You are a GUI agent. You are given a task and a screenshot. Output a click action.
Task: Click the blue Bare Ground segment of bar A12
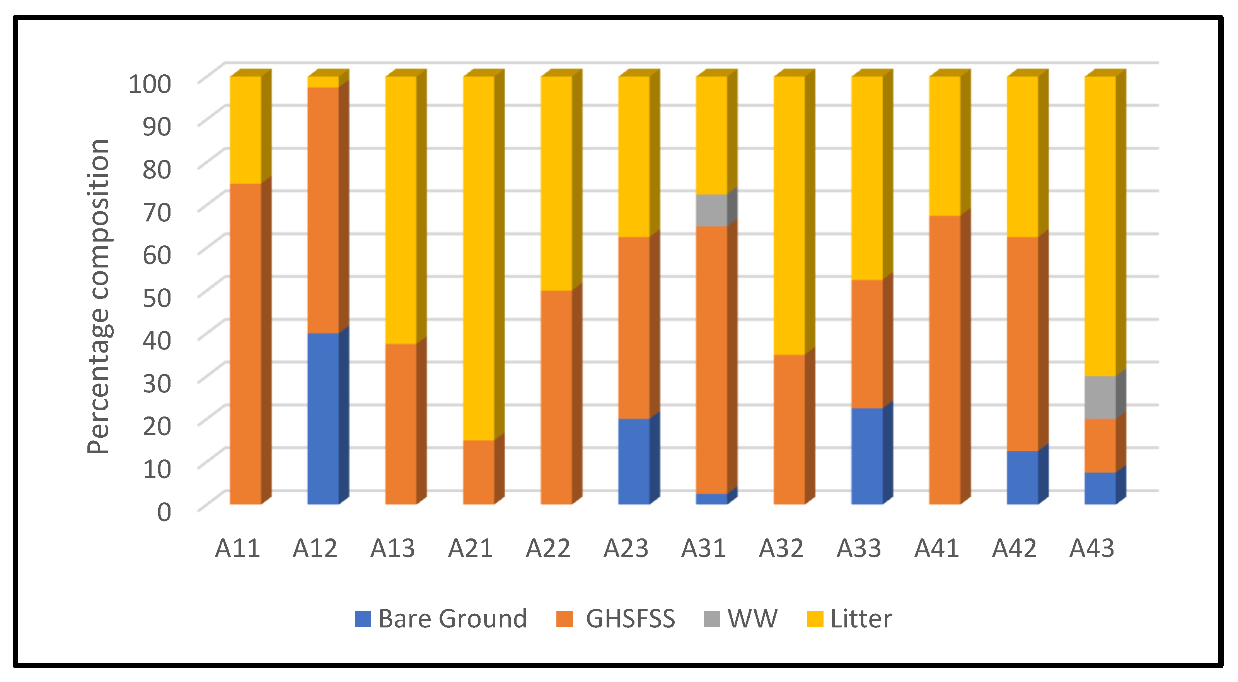[x=323, y=418]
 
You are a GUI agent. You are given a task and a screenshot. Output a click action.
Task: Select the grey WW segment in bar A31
[x=711, y=210]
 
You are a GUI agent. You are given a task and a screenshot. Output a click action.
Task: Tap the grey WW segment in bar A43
[x=1100, y=397]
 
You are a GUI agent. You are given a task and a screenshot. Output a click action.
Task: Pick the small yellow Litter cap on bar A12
[x=323, y=82]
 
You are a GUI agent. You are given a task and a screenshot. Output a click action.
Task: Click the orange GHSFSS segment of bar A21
[x=479, y=472]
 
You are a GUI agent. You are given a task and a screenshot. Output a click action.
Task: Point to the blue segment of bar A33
[x=867, y=456]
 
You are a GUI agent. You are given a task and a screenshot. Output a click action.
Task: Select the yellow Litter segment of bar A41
[x=945, y=146]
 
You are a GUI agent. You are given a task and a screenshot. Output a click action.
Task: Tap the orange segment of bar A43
[x=1100, y=446]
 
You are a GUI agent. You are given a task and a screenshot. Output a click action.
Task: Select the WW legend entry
[x=740, y=619]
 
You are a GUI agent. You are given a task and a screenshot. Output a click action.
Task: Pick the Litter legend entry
[x=849, y=619]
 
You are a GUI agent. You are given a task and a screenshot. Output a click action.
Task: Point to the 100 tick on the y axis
[x=150, y=84]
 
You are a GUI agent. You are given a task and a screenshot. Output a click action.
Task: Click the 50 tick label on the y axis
[x=157, y=298]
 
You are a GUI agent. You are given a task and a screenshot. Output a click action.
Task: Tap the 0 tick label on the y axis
[x=164, y=512]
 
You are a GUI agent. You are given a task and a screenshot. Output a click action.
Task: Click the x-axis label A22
[x=548, y=548]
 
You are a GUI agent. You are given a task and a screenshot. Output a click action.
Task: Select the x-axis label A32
[x=781, y=548]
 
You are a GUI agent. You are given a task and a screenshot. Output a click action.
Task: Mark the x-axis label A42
[x=1014, y=548]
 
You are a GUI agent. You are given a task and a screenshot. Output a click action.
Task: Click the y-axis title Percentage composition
[x=99, y=296]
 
